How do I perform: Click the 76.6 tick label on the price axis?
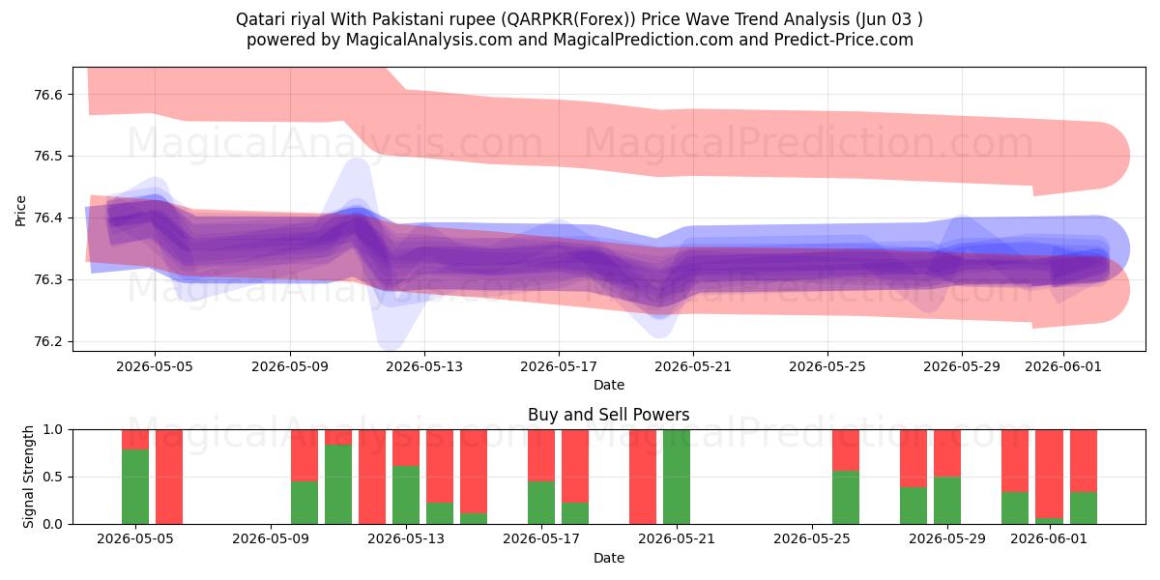(x=47, y=95)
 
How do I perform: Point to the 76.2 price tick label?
(x=47, y=342)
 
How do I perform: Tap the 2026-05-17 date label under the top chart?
(x=559, y=366)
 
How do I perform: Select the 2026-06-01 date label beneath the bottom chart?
(x=1049, y=538)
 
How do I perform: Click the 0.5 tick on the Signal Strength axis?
(x=52, y=477)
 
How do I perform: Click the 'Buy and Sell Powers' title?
(x=608, y=415)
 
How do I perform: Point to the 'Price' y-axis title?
(x=20, y=211)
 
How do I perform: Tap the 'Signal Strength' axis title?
(x=28, y=477)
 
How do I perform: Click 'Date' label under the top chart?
(x=608, y=385)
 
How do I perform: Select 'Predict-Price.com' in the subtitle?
(x=844, y=40)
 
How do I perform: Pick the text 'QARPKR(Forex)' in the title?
(x=568, y=19)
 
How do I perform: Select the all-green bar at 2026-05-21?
(x=677, y=477)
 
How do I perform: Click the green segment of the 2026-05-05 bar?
(x=135, y=487)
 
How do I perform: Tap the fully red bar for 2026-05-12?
(x=372, y=477)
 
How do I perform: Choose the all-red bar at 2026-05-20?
(x=643, y=477)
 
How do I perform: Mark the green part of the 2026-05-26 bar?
(x=846, y=498)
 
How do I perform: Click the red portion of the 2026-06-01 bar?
(x=1049, y=474)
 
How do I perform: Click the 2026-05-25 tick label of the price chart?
(x=827, y=366)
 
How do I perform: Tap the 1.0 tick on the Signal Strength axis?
(x=52, y=430)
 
